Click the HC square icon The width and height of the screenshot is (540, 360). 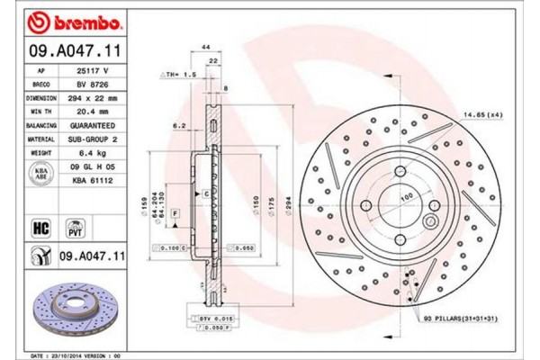pos(40,228)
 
